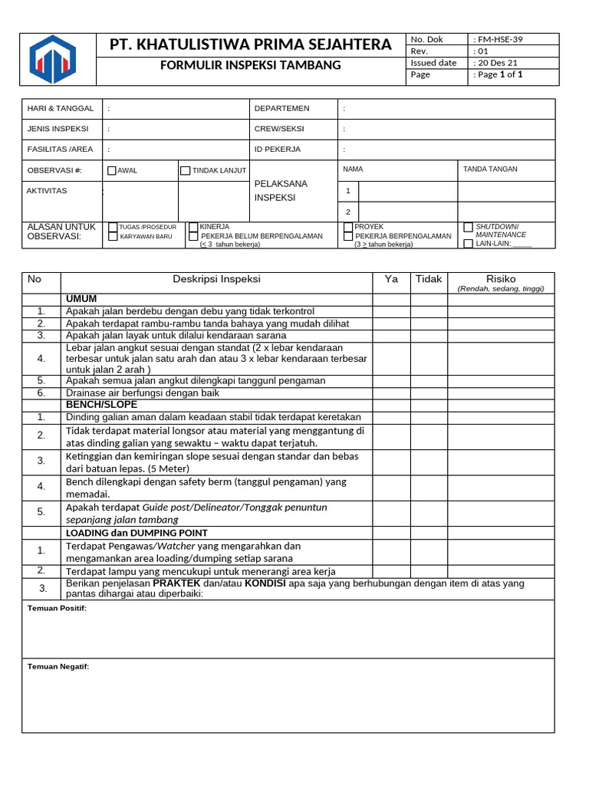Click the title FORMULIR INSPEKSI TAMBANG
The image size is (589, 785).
(x=250, y=65)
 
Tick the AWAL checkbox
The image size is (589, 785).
(x=112, y=171)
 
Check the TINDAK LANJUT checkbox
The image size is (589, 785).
(x=185, y=171)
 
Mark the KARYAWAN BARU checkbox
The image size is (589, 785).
(x=113, y=237)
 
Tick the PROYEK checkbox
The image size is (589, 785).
(x=348, y=227)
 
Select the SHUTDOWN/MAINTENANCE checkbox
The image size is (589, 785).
(x=469, y=228)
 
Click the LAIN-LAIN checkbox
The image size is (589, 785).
(x=469, y=244)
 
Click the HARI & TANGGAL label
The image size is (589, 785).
(x=61, y=109)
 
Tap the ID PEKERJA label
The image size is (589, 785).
(x=278, y=149)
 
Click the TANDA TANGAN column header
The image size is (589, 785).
(x=490, y=169)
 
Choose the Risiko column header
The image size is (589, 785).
(x=501, y=279)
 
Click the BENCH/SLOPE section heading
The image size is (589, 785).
(x=101, y=404)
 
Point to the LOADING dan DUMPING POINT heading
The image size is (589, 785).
(x=137, y=533)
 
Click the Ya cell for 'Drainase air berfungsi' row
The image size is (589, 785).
(x=391, y=393)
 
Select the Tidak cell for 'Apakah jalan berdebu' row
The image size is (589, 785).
(x=429, y=311)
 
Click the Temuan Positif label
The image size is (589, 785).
(x=57, y=608)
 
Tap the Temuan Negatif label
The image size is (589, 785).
(x=58, y=667)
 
